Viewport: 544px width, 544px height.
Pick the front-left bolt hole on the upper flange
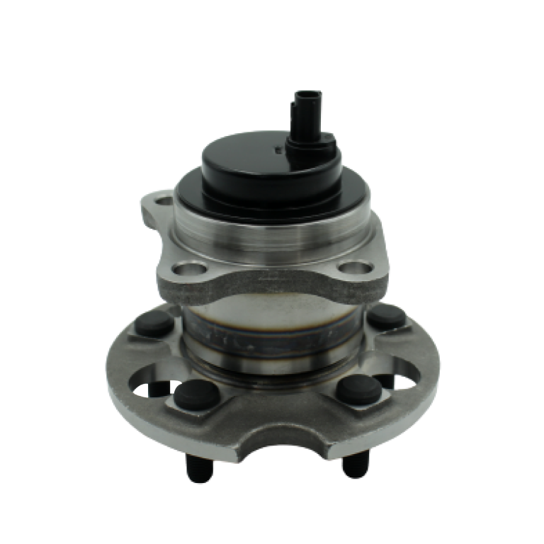190,269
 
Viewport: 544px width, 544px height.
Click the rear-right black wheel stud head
386,315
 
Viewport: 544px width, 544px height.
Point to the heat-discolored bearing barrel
272,326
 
